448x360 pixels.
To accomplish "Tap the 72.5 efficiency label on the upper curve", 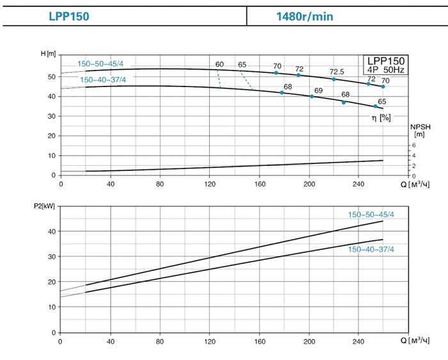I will (x=337, y=71).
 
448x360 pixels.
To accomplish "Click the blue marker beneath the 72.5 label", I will (x=334, y=79).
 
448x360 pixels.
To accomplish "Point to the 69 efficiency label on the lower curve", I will (x=318, y=90).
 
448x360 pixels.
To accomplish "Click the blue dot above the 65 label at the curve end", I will (x=376, y=106).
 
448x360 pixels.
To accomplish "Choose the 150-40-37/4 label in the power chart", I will (x=371, y=249).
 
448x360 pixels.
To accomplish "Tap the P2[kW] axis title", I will (x=44, y=208).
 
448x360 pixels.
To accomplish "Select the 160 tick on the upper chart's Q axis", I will (x=260, y=184).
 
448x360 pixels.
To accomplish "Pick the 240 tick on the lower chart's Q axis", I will (x=359, y=341).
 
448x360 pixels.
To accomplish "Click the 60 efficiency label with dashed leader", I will (x=220, y=65).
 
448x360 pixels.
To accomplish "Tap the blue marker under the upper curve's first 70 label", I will (x=276, y=73).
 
